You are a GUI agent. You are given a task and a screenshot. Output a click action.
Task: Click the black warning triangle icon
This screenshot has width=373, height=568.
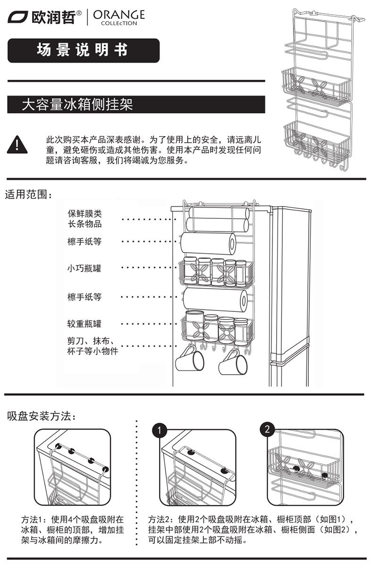17,145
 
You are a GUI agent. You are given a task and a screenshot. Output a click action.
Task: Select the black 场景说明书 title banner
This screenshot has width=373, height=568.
83,50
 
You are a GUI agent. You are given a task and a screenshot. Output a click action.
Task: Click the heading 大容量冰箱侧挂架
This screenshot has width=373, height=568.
78,104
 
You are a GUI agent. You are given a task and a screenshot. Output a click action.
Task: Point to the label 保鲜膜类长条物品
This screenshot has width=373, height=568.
85,219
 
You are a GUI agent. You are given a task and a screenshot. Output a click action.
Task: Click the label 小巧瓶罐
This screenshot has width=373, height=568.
84,268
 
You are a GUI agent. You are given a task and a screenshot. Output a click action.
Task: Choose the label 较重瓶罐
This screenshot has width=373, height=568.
84,324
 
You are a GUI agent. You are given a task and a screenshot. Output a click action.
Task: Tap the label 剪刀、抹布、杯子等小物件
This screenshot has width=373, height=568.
92,346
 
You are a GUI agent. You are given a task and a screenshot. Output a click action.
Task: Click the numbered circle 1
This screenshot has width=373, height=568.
161,430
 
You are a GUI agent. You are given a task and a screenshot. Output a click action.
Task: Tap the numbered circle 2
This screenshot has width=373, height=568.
267,430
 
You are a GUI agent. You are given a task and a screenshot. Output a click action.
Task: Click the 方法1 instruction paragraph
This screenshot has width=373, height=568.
73,529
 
